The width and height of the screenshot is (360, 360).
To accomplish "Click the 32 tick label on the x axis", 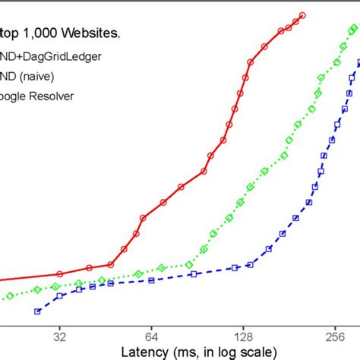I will click(x=60, y=334).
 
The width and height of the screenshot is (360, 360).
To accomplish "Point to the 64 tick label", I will click(x=150, y=334).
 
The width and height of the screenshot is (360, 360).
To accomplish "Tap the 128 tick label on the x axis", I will click(x=242, y=334).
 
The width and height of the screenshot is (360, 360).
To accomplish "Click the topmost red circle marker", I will click(x=302, y=15).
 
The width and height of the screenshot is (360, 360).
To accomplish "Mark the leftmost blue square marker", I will click(x=37, y=311).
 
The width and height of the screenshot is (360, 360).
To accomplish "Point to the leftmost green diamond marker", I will click(x=9, y=296).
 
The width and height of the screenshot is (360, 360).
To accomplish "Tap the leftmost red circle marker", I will click(x=60, y=273).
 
